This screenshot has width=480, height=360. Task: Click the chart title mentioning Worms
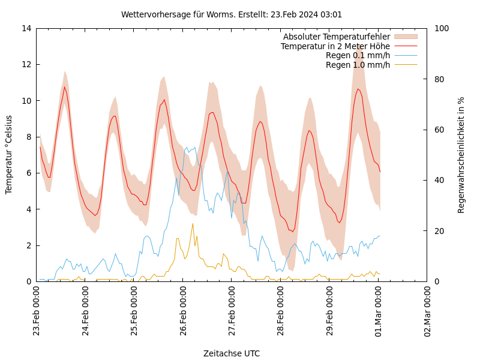click(x=232, y=14)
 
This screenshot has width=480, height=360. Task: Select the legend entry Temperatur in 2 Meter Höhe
click(x=335, y=46)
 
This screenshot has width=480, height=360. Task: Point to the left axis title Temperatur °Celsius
click(x=9, y=154)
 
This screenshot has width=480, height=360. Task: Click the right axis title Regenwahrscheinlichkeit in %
click(x=461, y=154)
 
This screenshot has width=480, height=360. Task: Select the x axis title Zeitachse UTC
click(x=232, y=353)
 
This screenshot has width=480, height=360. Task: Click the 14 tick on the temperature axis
click(x=25, y=28)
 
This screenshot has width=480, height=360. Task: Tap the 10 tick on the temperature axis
click(x=25, y=101)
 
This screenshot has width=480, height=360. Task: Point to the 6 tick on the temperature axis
click(x=28, y=173)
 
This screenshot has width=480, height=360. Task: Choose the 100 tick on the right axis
click(x=440, y=28)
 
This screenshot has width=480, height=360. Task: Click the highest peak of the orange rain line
click(x=193, y=224)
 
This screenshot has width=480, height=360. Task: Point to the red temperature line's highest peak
click(x=65, y=87)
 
